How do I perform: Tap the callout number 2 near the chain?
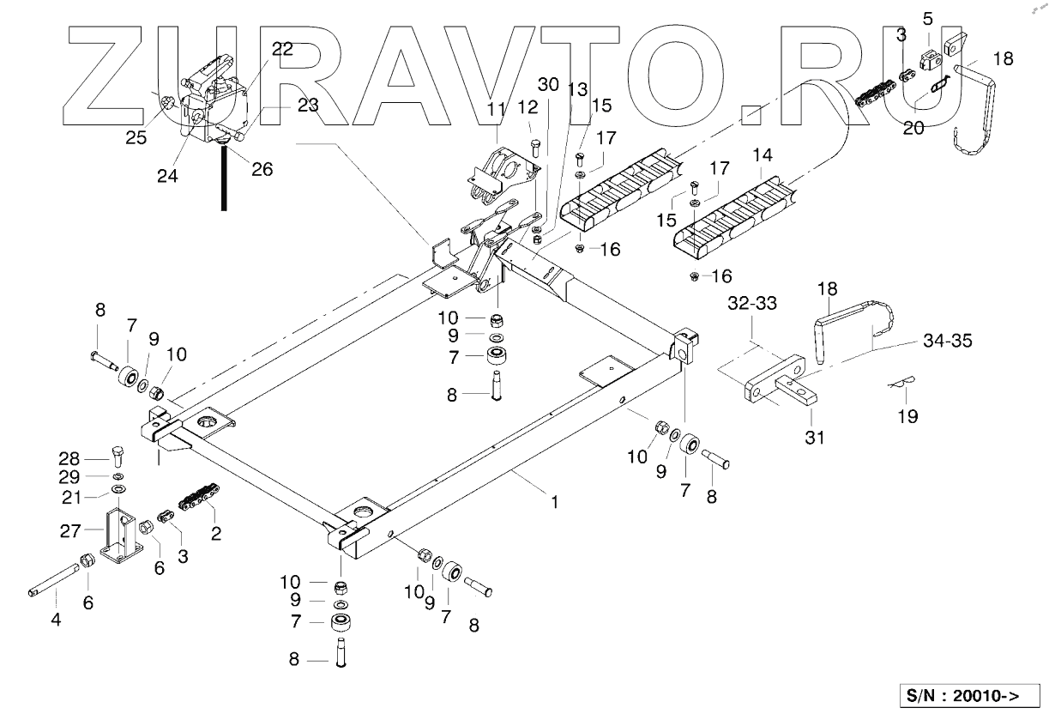click(216, 534)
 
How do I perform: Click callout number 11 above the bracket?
click(497, 109)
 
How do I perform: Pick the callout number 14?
click(763, 157)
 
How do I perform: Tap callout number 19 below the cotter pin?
click(907, 417)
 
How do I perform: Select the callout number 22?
click(282, 50)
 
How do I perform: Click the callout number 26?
click(262, 169)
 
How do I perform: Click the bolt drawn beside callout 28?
click(118, 454)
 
